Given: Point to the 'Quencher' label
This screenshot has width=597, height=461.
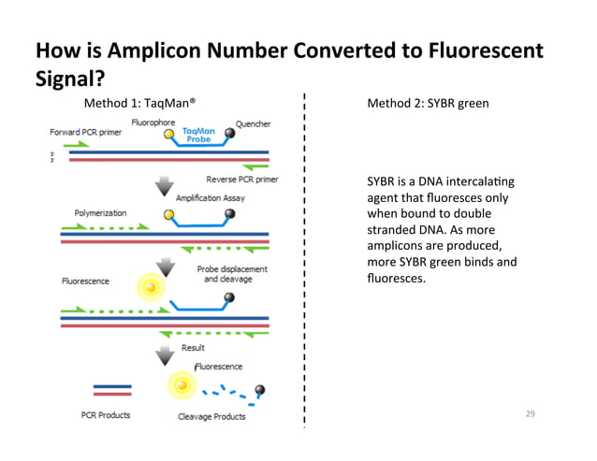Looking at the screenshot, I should (254, 122).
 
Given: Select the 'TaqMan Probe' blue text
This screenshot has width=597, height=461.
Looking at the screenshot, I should (197, 137).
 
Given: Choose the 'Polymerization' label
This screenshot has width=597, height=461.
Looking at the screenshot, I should (101, 213).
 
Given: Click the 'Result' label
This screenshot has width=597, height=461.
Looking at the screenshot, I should (193, 348).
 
